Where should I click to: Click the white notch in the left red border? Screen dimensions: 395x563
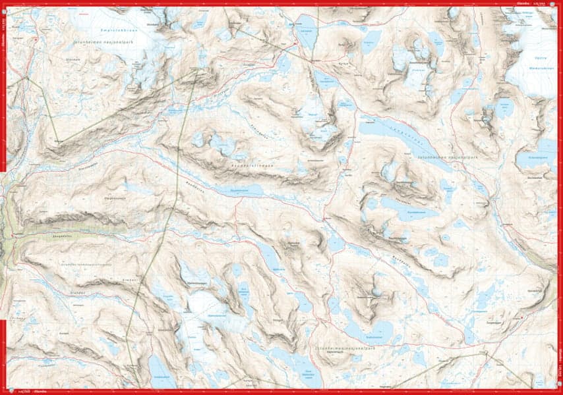3,172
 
